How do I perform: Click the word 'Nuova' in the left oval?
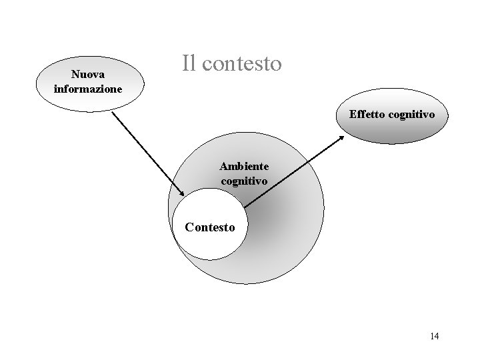pyautogui.click(x=88, y=75)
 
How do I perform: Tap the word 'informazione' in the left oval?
pyautogui.click(x=88, y=88)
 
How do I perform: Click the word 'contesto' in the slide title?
pyautogui.click(x=243, y=64)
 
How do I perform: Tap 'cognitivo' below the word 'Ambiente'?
pyautogui.click(x=244, y=180)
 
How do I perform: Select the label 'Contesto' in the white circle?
pyautogui.click(x=209, y=227)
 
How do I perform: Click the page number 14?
pyautogui.click(x=435, y=336)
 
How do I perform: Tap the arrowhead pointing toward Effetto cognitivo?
pyautogui.click(x=342, y=137)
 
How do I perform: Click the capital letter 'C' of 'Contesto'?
pyautogui.click(x=189, y=227)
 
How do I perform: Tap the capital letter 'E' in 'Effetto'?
pyautogui.click(x=353, y=115)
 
